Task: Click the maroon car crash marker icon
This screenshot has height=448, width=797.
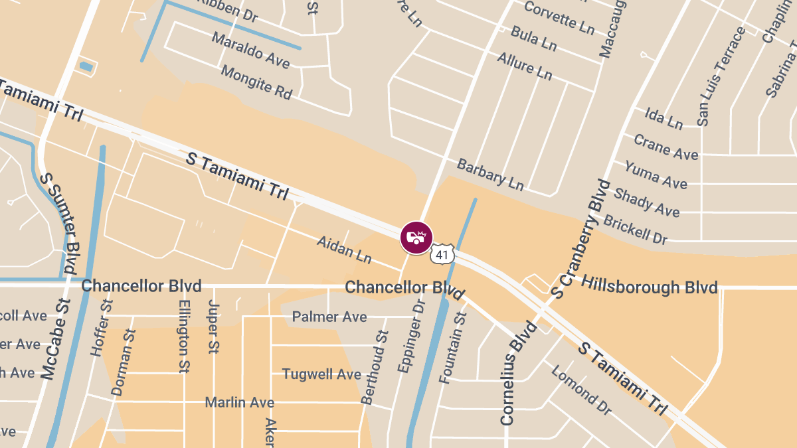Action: click(x=416, y=238)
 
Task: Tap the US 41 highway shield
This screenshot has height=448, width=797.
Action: click(x=442, y=254)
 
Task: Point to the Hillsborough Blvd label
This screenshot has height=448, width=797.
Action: click(x=649, y=286)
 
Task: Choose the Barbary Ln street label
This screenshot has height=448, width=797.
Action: click(x=490, y=175)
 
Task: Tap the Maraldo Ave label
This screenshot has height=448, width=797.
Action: click(x=251, y=50)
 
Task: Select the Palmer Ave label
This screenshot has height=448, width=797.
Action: click(x=329, y=317)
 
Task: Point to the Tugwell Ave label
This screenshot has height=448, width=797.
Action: click(x=321, y=374)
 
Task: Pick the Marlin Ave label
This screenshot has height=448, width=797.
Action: click(x=239, y=402)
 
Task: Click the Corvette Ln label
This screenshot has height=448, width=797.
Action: click(x=559, y=17)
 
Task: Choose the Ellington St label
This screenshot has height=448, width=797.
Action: click(x=184, y=336)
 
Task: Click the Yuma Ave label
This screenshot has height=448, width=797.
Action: click(x=655, y=175)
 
